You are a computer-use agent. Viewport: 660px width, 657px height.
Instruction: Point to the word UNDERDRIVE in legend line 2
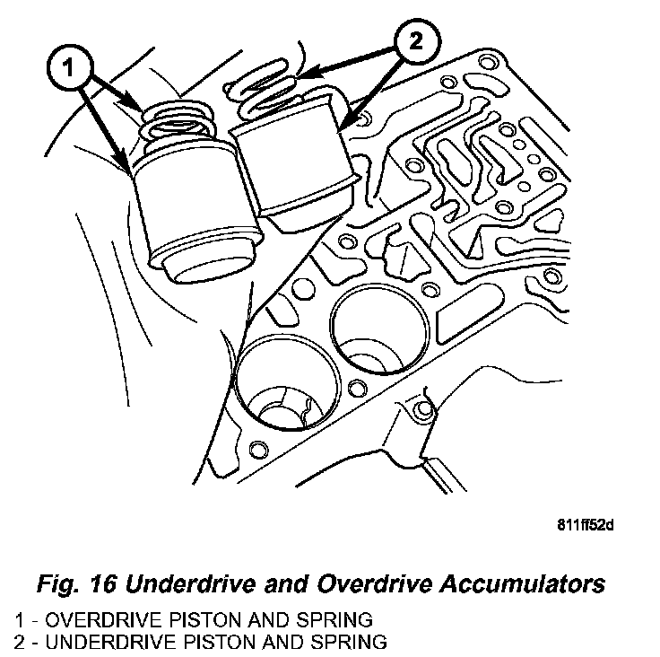pyautogui.click(x=93, y=641)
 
